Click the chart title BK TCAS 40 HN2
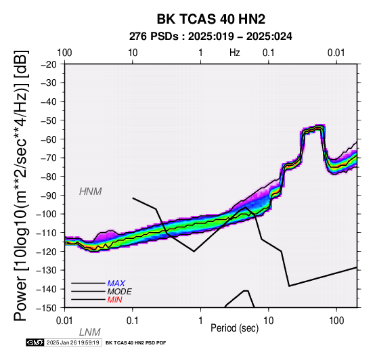tap(211, 19)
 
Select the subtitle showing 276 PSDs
tap(211, 37)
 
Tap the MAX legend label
tap(116, 284)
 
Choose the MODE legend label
tap(120, 292)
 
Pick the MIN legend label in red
tap(115, 300)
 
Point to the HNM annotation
tap(91, 192)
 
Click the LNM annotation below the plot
tap(90, 332)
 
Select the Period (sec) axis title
tap(235, 328)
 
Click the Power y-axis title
tap(20, 185)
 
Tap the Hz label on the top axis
tap(235, 53)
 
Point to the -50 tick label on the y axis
tap(49, 120)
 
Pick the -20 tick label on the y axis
tap(49, 64)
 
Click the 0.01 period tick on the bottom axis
tap(64, 321)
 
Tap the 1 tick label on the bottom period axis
tap(200, 321)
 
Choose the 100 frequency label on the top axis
tap(64, 53)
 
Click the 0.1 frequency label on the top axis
tap(269, 53)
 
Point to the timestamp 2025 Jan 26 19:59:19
tap(72, 342)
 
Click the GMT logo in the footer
tap(35, 342)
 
